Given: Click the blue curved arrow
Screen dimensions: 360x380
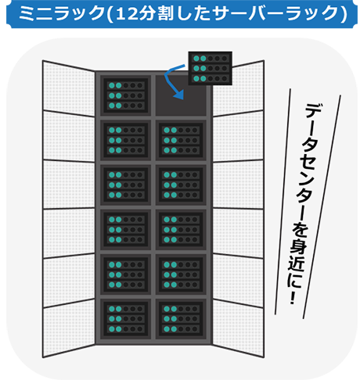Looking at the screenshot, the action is click(x=167, y=78).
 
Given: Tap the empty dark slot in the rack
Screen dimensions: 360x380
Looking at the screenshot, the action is click(x=181, y=95).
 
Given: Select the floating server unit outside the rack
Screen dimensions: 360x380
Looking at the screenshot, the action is click(x=211, y=68).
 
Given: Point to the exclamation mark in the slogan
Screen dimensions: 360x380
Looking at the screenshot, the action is click(x=293, y=298).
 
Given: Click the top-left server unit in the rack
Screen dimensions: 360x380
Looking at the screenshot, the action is click(x=126, y=95).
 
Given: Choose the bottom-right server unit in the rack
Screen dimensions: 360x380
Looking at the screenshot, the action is click(x=181, y=319).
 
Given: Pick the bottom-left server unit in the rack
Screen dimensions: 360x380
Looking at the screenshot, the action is click(x=126, y=319).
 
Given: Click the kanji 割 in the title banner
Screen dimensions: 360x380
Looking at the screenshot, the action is click(x=165, y=13).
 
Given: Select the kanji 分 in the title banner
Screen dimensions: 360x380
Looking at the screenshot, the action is click(x=147, y=13).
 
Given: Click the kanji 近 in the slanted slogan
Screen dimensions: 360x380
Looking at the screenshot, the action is click(x=296, y=263).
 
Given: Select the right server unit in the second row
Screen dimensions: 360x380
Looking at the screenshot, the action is click(x=181, y=140).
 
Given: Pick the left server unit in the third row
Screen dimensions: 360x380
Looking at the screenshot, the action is click(x=126, y=185).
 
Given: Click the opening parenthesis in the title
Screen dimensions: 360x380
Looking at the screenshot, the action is click(x=110, y=13).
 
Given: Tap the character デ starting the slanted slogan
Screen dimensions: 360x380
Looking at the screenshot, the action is click(x=314, y=111).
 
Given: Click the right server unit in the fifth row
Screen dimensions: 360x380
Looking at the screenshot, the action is click(x=181, y=274).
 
